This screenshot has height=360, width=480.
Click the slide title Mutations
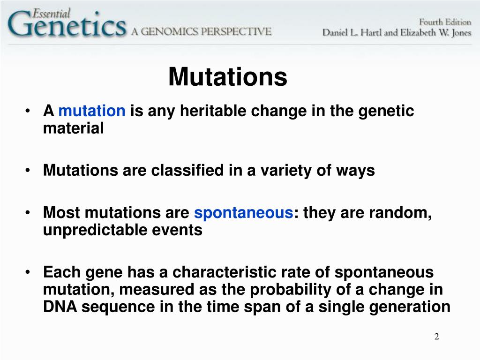coord(228,77)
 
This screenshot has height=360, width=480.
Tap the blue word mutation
coord(92,111)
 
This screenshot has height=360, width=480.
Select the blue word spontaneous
coord(243,213)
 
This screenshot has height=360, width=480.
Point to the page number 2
coord(436,337)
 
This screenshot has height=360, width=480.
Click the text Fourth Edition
coord(444,22)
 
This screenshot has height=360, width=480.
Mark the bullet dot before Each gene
coord(29,273)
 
